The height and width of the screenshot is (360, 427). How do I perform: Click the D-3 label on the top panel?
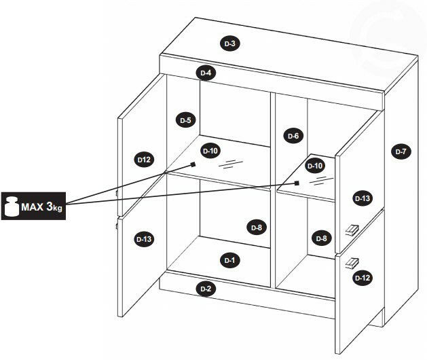[x=230, y=43]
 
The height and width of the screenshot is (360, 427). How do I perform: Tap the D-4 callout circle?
[x=206, y=73]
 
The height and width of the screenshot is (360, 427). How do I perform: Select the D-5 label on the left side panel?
[x=186, y=120]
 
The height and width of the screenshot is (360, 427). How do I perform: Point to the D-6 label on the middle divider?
[x=293, y=136]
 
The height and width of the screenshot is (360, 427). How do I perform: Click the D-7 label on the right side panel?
[x=401, y=151]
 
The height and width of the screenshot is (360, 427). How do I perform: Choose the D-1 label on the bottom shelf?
[x=230, y=260]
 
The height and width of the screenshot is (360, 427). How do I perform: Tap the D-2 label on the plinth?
[x=206, y=289]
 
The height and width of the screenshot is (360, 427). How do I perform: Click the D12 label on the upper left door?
[x=144, y=160]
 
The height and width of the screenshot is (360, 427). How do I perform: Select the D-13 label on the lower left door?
[x=144, y=239]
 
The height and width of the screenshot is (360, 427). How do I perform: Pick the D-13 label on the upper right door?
[x=363, y=198]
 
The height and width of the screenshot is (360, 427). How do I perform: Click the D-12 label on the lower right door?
[x=363, y=278]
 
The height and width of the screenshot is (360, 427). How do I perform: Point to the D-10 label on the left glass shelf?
[x=210, y=150]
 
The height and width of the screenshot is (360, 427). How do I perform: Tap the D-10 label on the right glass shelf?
[x=315, y=166]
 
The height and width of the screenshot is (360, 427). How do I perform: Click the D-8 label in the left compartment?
[x=257, y=228]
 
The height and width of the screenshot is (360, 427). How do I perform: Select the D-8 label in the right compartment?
[x=321, y=238]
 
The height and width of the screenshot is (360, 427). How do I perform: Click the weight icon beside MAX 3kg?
[x=12, y=206]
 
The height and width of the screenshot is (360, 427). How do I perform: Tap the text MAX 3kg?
[x=41, y=206]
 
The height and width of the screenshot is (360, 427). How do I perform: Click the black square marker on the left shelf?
[x=193, y=164]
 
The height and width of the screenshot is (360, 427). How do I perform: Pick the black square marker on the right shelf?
[x=297, y=183]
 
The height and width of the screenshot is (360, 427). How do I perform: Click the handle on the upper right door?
[x=352, y=230]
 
